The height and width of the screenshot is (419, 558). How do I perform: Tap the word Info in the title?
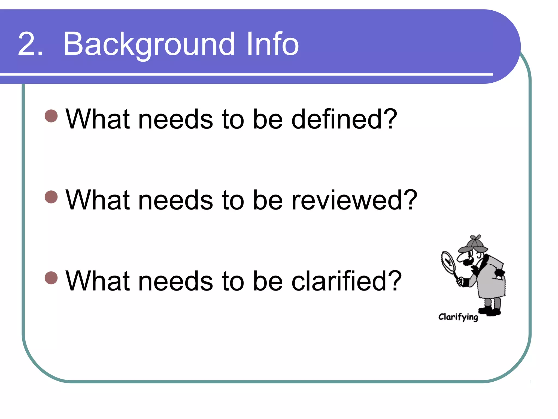click(x=272, y=44)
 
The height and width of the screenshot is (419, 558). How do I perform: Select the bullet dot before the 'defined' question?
click(x=51, y=116)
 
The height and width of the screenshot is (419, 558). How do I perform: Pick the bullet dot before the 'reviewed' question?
click(x=51, y=197)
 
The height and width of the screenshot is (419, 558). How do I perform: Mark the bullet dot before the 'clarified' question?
click(x=51, y=278)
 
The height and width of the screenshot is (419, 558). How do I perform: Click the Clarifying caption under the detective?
click(x=458, y=317)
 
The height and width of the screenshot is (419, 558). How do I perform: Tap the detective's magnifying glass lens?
click(x=448, y=262)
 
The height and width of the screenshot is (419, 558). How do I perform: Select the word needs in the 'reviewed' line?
click(x=175, y=200)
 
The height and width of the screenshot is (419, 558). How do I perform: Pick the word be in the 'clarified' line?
click(x=268, y=281)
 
